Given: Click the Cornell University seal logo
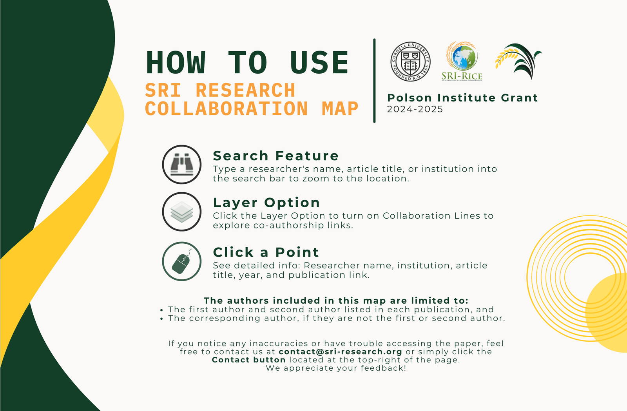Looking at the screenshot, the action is click(410, 62).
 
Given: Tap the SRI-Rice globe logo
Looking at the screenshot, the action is click(462, 61).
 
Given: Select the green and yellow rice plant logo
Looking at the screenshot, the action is click(518, 61).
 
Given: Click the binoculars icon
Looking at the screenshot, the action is click(182, 165).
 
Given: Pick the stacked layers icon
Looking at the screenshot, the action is click(182, 212).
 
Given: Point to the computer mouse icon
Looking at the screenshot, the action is click(182, 261).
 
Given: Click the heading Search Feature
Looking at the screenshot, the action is click(276, 156).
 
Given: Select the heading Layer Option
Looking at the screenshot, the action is click(266, 203).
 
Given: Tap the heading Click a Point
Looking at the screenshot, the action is click(266, 252).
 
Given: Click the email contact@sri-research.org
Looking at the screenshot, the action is click(341, 352).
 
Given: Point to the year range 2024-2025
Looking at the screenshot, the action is click(415, 109).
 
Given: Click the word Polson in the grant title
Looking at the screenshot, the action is click(410, 98).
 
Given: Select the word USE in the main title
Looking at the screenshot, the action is click(319, 62).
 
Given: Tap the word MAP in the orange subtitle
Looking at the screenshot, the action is click(340, 109).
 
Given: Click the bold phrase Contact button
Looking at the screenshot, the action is click(248, 360).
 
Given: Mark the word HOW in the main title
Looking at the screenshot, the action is click(176, 62).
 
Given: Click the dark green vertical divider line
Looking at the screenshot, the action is click(374, 81).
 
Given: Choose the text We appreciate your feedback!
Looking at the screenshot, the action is click(336, 368).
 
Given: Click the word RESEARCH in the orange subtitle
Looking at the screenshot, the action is click(245, 90).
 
